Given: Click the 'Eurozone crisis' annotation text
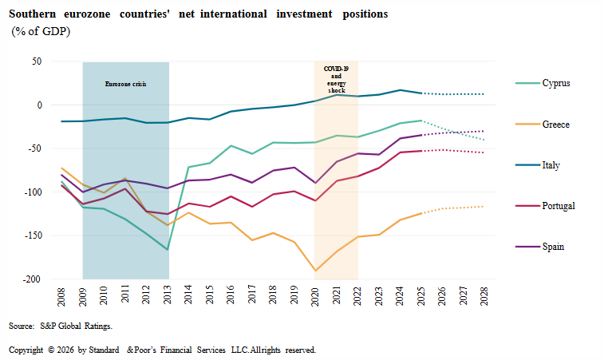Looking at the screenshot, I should pyautogui.click(x=126, y=84).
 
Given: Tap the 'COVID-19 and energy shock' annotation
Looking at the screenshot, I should pyautogui.click(x=336, y=78).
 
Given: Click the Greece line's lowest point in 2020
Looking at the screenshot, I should pyautogui.click(x=314, y=271).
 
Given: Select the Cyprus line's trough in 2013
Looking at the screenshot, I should pyautogui.click(x=168, y=250).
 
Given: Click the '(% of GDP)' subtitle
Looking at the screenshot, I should pyautogui.click(x=41, y=32).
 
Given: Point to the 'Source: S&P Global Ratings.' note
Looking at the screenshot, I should pyautogui.click(x=61, y=326).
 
